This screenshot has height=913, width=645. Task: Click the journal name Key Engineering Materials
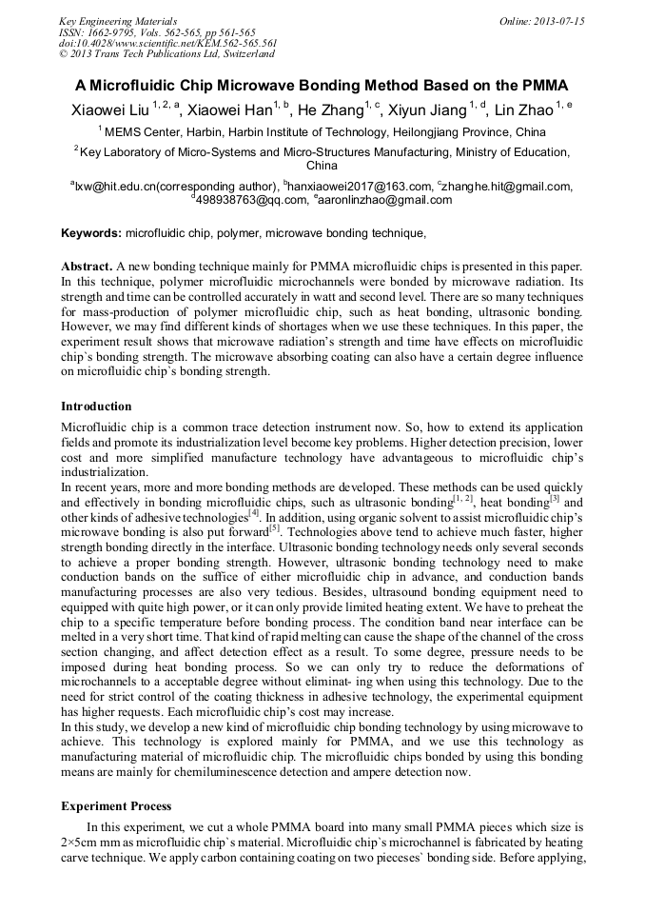117,21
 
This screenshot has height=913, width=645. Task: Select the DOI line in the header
167,43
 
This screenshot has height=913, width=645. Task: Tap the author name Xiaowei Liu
107,110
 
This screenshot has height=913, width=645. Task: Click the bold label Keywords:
91,232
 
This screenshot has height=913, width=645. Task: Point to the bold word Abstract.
86,267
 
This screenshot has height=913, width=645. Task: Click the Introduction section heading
96,407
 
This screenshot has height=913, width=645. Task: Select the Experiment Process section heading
116,805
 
